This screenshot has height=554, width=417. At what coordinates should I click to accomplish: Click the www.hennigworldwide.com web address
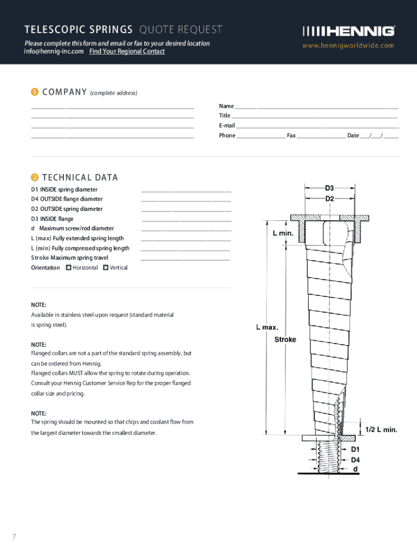tap(348, 45)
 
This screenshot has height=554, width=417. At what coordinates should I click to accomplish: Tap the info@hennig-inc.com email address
tap(54, 51)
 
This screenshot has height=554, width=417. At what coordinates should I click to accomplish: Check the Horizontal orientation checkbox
tap(68, 267)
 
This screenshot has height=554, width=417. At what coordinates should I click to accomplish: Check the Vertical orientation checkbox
tap(106, 267)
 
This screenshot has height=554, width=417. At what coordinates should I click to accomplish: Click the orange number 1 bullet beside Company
tap(34, 93)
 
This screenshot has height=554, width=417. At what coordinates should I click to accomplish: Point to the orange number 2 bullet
tap(34, 177)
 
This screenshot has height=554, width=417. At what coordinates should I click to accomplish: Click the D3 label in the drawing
tap(330, 188)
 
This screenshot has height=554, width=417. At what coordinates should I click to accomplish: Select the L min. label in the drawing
tap(283, 233)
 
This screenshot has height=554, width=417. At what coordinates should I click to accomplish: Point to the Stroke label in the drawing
tap(285, 339)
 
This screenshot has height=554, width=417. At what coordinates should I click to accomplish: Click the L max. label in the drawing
tap(267, 327)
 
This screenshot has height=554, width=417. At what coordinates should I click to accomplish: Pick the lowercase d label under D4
tap(355, 469)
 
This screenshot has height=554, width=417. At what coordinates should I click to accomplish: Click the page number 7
tap(15, 536)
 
